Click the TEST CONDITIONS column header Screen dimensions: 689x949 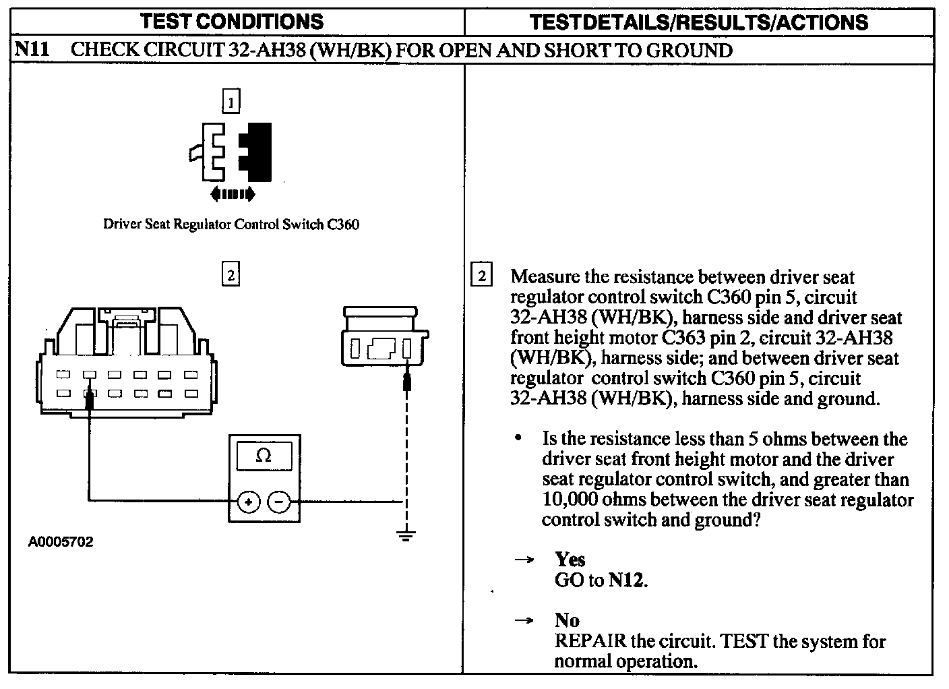[232, 22]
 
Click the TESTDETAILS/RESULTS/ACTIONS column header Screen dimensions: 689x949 [699, 22]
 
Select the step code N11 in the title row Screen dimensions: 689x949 [31, 50]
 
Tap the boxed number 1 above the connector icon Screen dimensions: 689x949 [231, 102]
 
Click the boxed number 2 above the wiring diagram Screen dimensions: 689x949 [231, 275]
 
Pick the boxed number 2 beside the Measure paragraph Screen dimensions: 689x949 [481, 276]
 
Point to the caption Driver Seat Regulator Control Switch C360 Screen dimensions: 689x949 [231, 224]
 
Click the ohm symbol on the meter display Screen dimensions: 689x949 [264, 456]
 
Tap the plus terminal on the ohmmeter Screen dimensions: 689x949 [248, 502]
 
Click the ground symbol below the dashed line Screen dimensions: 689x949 [406, 537]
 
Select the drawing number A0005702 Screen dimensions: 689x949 [61, 542]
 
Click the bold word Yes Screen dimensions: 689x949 [570, 559]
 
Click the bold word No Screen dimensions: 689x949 [567, 620]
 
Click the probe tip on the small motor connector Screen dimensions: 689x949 [406, 382]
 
